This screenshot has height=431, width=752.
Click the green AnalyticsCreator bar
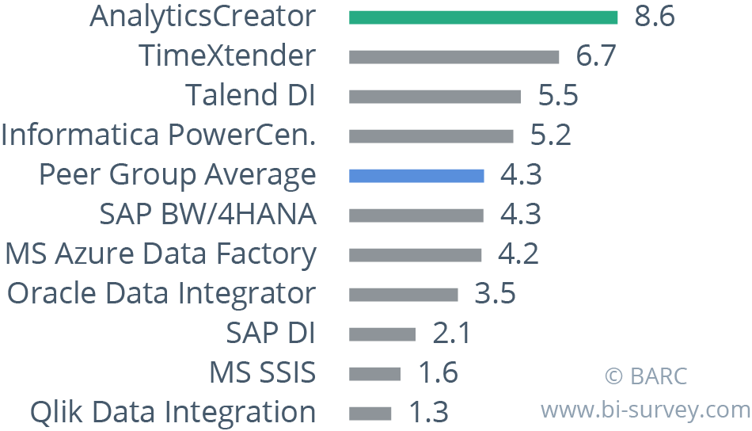(484, 17)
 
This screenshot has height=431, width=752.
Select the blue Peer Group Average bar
(416, 176)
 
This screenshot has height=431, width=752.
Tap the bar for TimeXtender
(454, 57)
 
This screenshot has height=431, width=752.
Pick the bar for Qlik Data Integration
(370, 414)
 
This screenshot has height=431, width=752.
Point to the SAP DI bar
(382, 334)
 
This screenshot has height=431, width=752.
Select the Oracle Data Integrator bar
(404, 295)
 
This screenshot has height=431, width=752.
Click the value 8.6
(655, 17)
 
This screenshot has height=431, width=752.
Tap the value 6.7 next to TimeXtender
(596, 56)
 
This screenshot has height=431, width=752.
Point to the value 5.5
(558, 96)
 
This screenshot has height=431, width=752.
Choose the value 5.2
(550, 135)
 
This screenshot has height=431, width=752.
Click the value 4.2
(518, 254)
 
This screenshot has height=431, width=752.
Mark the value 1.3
(428, 413)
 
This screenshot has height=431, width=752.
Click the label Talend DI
(251, 96)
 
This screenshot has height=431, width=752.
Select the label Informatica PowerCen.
(158, 135)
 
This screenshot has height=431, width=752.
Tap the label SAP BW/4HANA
(208, 215)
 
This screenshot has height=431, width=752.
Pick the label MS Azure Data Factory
(161, 254)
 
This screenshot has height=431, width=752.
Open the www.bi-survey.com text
(645, 410)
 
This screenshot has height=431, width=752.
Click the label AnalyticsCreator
(203, 17)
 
